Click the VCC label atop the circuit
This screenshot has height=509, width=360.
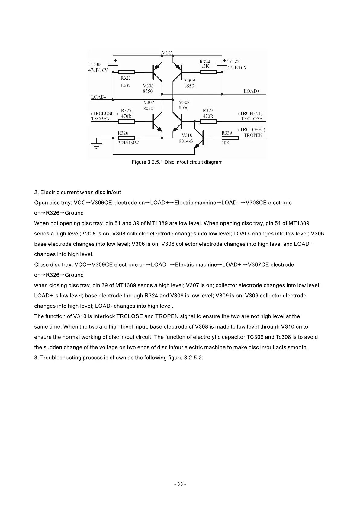pyautogui.click(x=167, y=53)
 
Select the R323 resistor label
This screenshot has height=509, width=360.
pyautogui.click(x=125, y=78)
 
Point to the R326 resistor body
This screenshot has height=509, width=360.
pyautogui.click(x=126, y=138)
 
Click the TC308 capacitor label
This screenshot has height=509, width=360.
pyautogui.click(x=95, y=64)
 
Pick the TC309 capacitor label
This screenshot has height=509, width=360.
pyautogui.click(x=234, y=62)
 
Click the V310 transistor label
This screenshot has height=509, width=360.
pyautogui.click(x=187, y=135)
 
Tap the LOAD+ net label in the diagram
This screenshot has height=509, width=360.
pyautogui.click(x=252, y=91)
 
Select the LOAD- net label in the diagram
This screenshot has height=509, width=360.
pyautogui.click(x=98, y=97)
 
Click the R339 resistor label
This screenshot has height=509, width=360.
pyautogui.click(x=227, y=133)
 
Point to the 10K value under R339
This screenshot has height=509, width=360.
pyautogui.click(x=226, y=143)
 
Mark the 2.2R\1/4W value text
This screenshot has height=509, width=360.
pyautogui.click(x=128, y=143)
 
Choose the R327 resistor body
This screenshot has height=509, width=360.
pyautogui.click(x=208, y=122)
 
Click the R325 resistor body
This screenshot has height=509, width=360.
pyautogui.click(x=126, y=122)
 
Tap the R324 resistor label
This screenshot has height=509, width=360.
pyautogui.click(x=205, y=62)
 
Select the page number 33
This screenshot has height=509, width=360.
pyautogui.click(x=180, y=484)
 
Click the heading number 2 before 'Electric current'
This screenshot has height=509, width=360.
pyautogui.click(x=36, y=192)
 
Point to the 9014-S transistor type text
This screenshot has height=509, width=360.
pyautogui.click(x=186, y=141)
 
